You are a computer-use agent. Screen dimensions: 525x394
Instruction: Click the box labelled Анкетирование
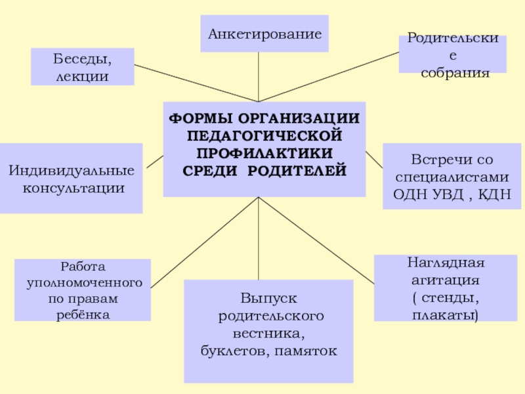click(264, 33)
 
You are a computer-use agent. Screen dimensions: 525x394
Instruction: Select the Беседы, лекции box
click(83, 67)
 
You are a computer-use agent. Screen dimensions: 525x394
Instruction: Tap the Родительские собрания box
click(453, 55)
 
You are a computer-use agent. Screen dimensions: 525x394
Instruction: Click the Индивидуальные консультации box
click(71, 179)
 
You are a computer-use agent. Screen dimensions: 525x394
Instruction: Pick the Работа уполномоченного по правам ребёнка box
click(83, 290)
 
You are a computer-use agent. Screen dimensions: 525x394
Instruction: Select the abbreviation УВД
click(446, 195)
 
